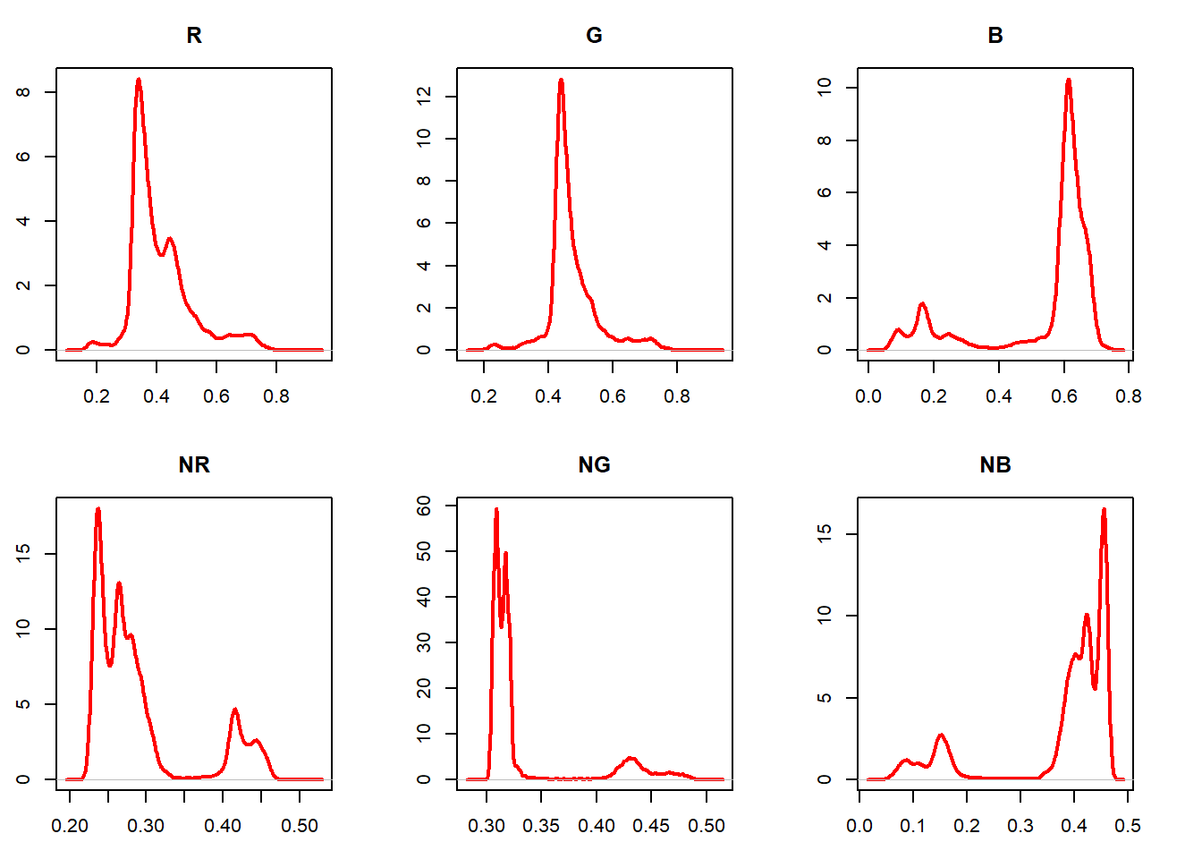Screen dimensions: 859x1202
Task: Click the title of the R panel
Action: tap(194, 36)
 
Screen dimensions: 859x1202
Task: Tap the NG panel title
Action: tap(594, 465)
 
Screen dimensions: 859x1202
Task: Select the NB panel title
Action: tap(995, 465)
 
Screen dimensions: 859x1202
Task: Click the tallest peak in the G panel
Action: tap(561, 81)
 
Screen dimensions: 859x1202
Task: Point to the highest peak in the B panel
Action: tap(1068, 81)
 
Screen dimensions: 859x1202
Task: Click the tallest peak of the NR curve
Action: tap(98, 510)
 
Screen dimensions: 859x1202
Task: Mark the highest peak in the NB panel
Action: tap(1104, 510)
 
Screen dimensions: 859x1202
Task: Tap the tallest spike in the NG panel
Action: tap(496, 510)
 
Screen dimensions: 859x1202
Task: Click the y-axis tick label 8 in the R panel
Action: tap(23, 92)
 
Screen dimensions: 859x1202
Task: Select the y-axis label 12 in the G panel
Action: tap(424, 96)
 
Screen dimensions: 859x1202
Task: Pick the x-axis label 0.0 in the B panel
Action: tap(868, 396)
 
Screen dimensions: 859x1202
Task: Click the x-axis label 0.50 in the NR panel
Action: tap(299, 826)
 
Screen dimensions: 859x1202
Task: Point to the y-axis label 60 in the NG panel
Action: tap(424, 506)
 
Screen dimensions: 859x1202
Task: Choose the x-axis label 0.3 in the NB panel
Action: tap(1020, 826)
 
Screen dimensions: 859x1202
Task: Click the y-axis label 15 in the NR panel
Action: tap(23, 554)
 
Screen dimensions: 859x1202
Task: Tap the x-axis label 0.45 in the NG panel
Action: tap(651, 826)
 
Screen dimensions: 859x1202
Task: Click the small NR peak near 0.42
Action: tap(235, 710)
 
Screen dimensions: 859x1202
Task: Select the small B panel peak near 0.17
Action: tap(922, 305)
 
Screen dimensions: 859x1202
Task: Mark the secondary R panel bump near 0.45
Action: tap(169, 239)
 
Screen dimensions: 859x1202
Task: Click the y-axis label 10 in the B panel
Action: tap(825, 87)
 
